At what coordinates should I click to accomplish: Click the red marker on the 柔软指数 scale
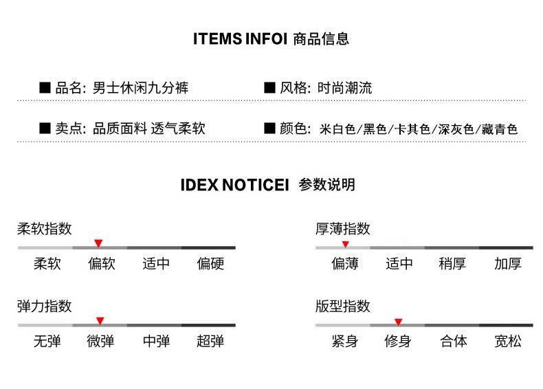(x=98, y=243)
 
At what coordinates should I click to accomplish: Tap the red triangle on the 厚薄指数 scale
(x=345, y=245)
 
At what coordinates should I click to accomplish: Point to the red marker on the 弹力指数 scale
(x=100, y=321)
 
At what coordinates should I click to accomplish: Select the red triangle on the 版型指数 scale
(x=398, y=322)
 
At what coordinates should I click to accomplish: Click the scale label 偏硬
(x=210, y=264)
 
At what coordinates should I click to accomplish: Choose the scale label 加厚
(x=508, y=264)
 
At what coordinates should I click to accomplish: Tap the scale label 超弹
(x=210, y=341)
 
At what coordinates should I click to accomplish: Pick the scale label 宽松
(x=508, y=341)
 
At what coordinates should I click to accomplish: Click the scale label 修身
(x=398, y=341)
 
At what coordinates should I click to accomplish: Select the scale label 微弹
(x=100, y=341)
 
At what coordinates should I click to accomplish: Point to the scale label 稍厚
(x=452, y=264)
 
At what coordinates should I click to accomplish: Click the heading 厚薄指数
(x=343, y=229)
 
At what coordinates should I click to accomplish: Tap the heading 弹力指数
(x=44, y=307)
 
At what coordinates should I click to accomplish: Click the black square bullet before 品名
(x=45, y=88)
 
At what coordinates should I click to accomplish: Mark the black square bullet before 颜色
(x=269, y=128)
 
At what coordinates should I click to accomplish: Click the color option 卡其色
(x=412, y=129)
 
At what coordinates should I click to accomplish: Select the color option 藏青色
(x=500, y=129)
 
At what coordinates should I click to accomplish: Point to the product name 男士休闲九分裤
(x=141, y=88)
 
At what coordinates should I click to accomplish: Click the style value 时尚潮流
(x=344, y=88)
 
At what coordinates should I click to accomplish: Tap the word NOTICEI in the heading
(x=255, y=185)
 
